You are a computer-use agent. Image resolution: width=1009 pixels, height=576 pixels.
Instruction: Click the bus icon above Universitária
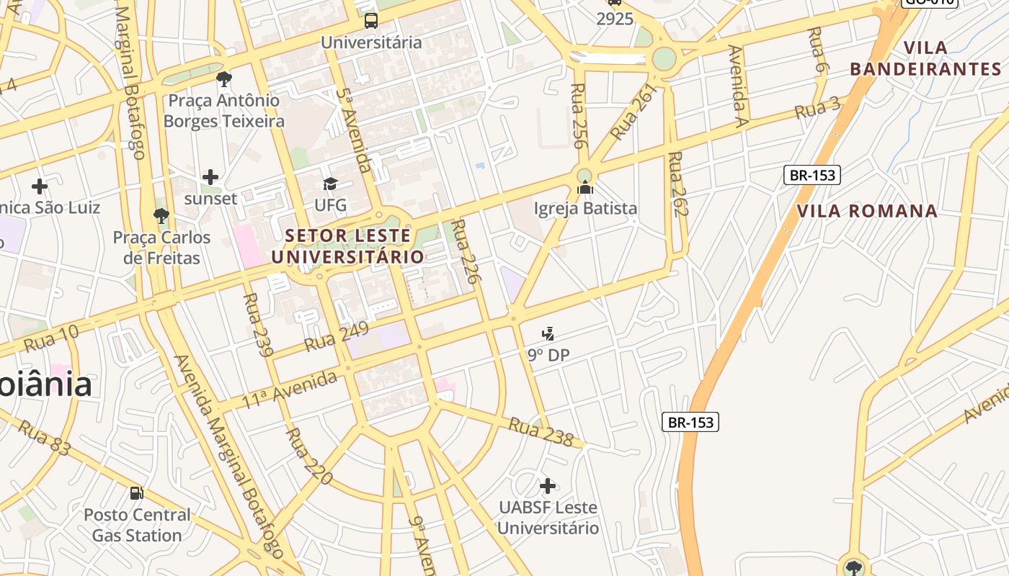tap(370, 20)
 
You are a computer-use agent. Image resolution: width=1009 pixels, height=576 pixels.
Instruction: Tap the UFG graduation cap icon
tap(330, 184)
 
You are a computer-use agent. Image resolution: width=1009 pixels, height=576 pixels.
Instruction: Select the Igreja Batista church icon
tap(585, 189)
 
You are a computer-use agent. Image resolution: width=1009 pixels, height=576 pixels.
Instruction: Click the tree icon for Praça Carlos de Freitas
tap(161, 215)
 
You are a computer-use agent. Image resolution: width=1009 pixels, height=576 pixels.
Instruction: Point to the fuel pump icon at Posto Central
tap(136, 493)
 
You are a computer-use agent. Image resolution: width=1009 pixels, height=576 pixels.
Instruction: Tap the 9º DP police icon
tap(548, 334)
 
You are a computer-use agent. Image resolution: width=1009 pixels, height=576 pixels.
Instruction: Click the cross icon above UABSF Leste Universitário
tap(548, 486)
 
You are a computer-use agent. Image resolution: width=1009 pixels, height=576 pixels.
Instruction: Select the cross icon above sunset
tap(210, 176)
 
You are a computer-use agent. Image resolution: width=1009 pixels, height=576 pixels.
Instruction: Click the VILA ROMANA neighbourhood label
tap(867, 211)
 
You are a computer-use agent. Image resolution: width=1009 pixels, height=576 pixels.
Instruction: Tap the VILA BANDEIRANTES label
tap(925, 59)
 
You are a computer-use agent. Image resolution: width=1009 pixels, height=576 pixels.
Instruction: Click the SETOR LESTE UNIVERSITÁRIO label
tap(348, 246)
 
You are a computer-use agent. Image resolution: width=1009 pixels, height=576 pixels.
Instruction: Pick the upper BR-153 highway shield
tap(812, 175)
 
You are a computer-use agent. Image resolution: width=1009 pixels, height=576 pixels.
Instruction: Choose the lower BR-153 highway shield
tap(690, 422)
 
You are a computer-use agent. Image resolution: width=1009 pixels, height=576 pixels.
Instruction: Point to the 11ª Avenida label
tap(288, 390)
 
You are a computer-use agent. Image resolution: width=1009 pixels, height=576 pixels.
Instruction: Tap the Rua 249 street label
tap(336, 336)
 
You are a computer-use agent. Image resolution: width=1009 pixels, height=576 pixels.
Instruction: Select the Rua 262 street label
tap(678, 184)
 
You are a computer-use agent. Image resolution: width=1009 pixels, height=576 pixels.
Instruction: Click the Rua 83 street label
tap(45, 438)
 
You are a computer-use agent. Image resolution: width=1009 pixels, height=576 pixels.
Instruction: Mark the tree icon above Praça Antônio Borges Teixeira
tap(224, 78)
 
